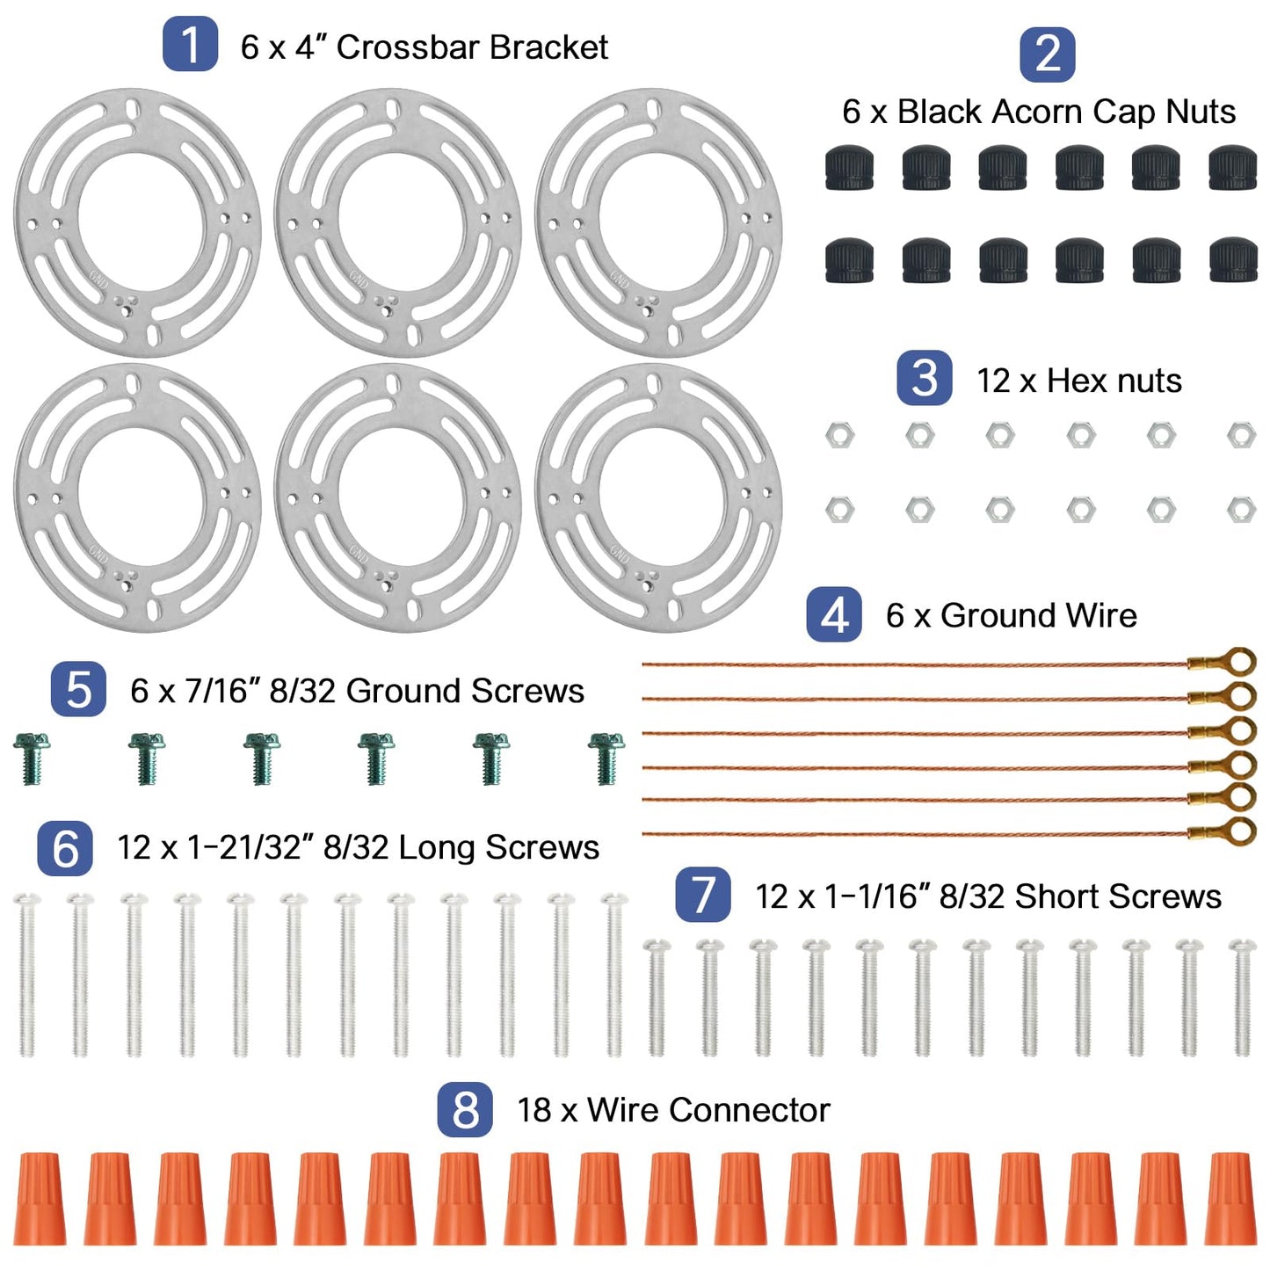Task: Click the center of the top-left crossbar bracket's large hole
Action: (136, 222)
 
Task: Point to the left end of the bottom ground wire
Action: (643, 834)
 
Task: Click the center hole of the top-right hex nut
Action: (1241, 434)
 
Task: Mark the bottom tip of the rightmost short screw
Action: (1243, 1056)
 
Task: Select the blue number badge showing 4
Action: (834, 614)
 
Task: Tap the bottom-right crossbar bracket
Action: (658, 497)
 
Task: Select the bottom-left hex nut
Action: (839, 510)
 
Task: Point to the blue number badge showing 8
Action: (465, 1110)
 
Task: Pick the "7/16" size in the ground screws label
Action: (221, 691)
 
